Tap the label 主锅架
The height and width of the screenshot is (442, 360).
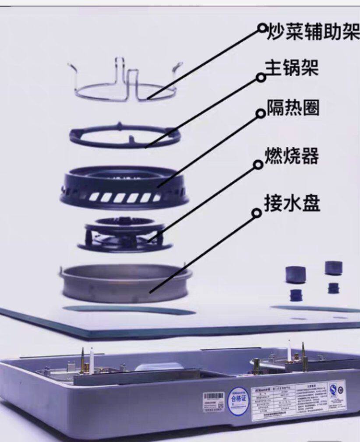[x=292, y=68]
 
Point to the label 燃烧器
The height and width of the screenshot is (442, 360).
[x=292, y=156]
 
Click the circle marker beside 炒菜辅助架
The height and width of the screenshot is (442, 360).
[x=262, y=28]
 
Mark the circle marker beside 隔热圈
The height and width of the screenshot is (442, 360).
[x=260, y=113]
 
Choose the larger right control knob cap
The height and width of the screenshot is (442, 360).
[x=334, y=268]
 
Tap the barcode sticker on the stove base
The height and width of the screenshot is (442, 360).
[x=213, y=400]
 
